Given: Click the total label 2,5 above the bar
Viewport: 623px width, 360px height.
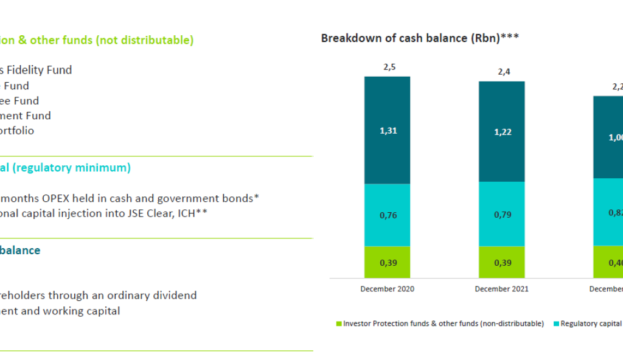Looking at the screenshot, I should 389,67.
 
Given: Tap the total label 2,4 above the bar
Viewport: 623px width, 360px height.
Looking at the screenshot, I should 504,72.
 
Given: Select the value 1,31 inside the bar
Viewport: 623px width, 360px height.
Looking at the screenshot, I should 388,131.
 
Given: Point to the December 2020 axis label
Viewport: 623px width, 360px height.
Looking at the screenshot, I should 387,289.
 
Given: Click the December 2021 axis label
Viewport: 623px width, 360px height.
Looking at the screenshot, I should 501,289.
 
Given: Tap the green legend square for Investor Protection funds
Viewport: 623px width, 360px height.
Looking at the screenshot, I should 339,324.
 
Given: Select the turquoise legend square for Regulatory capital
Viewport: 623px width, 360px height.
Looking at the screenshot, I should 555,324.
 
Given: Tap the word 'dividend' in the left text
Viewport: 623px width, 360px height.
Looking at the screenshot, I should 175,296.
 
